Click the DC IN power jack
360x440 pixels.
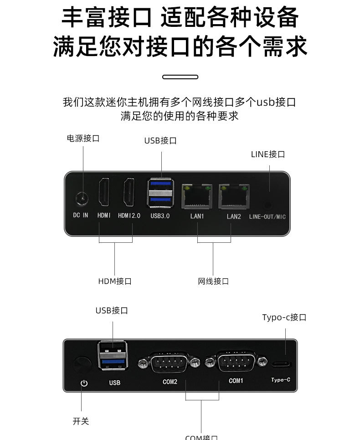click(82, 198)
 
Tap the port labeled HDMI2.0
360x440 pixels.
click(129, 192)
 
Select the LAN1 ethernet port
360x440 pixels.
click(197, 195)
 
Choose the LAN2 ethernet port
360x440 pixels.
click(233, 195)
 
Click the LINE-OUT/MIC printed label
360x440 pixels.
click(267, 217)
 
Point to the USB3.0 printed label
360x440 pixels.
click(160, 216)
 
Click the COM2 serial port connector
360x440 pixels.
click(170, 363)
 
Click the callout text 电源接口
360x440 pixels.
click(83, 138)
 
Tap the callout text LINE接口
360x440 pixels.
click(268, 154)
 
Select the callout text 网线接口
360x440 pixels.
click(213, 281)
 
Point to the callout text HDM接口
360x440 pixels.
click(115, 281)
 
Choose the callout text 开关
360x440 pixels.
click(81, 421)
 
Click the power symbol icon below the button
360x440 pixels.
click(84, 383)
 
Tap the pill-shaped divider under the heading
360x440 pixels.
click(180, 77)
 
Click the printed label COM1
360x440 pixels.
click(236, 380)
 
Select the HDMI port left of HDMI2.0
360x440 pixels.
click(104, 192)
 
